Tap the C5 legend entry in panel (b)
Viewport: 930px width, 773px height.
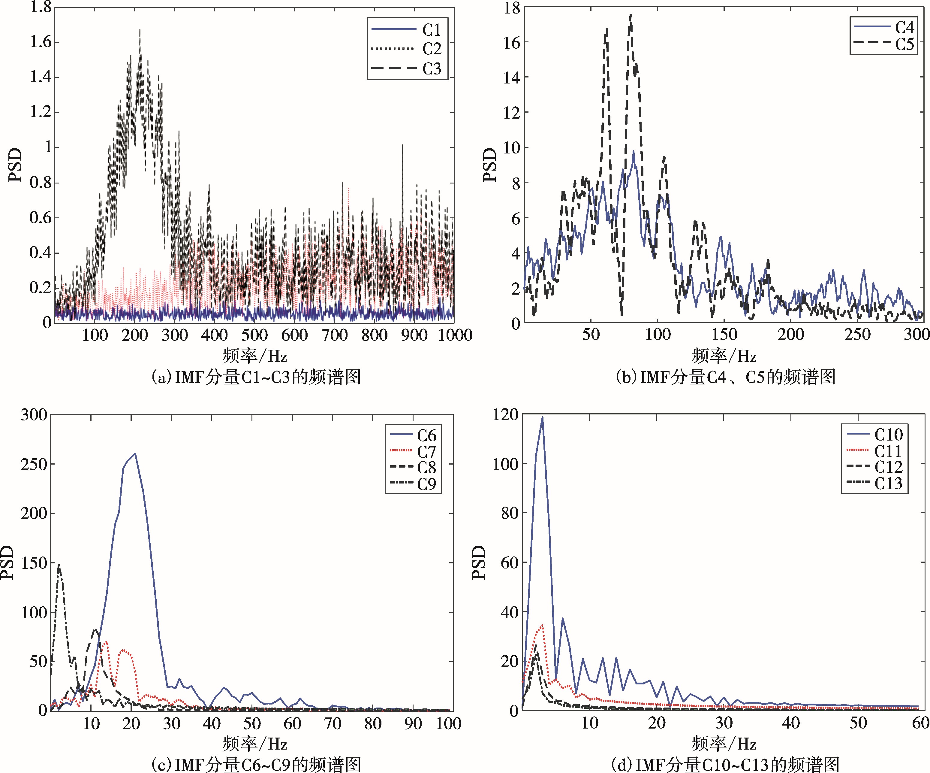tap(904, 44)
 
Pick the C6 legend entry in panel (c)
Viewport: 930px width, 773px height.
tap(426, 435)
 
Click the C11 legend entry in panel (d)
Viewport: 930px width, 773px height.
tap(888, 451)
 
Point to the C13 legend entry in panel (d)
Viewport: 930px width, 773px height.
tap(888, 483)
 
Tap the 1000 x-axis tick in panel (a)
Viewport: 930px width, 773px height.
tap(455, 335)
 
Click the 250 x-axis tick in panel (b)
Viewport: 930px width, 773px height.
tap(857, 334)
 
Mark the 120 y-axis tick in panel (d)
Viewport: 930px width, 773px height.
tap(505, 415)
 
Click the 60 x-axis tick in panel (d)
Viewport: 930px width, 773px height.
tap(921, 723)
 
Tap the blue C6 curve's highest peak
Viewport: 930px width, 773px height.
tap(135, 453)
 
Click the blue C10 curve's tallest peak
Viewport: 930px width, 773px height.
tap(542, 417)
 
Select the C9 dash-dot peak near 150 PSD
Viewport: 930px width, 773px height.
tap(59, 564)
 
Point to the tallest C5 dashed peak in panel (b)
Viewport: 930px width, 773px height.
tap(631, 15)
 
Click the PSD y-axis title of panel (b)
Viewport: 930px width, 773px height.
tap(490, 165)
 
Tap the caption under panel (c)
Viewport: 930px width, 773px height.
tap(256, 764)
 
